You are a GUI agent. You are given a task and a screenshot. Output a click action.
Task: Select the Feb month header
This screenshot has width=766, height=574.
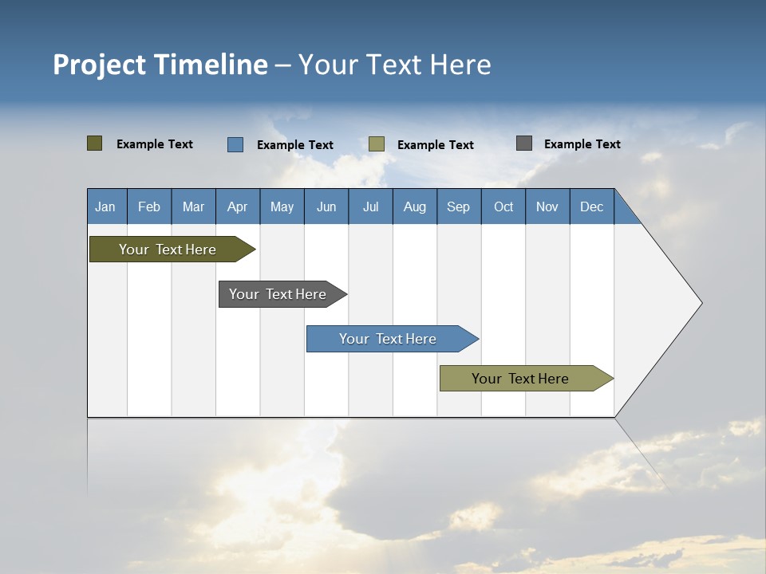[149, 206]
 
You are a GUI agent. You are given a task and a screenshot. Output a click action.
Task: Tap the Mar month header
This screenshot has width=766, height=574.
[193, 206]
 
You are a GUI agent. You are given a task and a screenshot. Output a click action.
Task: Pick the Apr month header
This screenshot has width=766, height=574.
[238, 206]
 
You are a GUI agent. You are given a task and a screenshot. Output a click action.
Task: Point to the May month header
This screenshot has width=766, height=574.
[282, 206]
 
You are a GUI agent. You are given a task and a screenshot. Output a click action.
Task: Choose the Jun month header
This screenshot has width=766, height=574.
[326, 206]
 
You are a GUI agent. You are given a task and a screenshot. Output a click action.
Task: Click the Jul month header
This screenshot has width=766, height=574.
[370, 206]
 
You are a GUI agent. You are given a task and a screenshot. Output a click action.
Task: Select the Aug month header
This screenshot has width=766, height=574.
[415, 206]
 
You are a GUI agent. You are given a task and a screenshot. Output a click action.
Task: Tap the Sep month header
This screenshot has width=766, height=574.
[459, 206]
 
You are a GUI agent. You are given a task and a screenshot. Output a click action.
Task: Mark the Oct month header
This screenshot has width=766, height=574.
[503, 206]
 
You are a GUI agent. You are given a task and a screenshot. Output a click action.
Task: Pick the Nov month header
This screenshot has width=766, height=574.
[547, 206]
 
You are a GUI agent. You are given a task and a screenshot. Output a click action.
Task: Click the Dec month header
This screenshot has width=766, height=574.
[592, 206]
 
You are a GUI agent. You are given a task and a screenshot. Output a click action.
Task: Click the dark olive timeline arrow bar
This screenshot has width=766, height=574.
[168, 250]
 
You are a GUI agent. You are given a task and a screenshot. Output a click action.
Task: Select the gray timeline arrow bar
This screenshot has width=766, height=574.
[278, 294]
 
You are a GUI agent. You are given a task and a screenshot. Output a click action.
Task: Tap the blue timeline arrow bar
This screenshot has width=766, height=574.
[388, 339]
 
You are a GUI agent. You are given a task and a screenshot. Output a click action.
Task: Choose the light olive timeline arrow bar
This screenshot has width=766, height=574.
[520, 379]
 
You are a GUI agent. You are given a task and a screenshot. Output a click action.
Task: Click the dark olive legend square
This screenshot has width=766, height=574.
[94, 143]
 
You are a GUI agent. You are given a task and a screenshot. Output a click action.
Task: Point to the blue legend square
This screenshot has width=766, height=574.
[235, 144]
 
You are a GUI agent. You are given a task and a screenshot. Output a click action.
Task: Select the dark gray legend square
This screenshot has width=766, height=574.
[523, 143]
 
